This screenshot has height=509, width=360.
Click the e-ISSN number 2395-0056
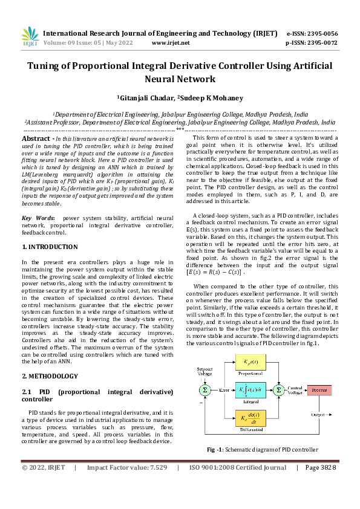pyautogui.click(x=322, y=34)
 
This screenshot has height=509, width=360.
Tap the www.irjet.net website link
pyautogui.click(x=171, y=43)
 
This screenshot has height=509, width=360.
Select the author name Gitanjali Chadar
pyautogui.click(x=146, y=97)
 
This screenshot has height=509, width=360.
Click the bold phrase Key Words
pyautogui.click(x=38, y=218)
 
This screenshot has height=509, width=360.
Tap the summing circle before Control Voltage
pyautogui.click(x=278, y=391)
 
